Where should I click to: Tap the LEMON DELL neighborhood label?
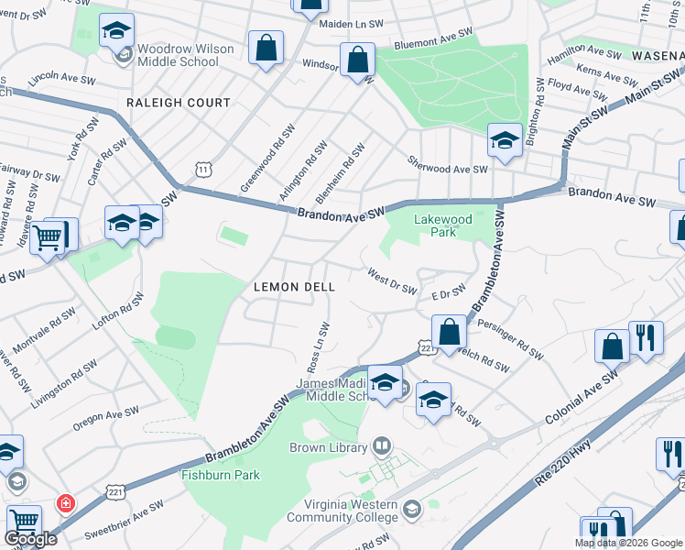tap(294, 287)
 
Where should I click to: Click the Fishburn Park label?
tap(221, 475)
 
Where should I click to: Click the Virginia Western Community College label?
tap(342, 511)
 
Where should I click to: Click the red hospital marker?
tap(65, 503)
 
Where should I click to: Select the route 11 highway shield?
tap(203, 169)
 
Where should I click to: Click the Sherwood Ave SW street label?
tap(447, 162)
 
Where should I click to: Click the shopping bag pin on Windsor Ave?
tap(357, 60)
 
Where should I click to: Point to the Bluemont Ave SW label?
tap(433, 38)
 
